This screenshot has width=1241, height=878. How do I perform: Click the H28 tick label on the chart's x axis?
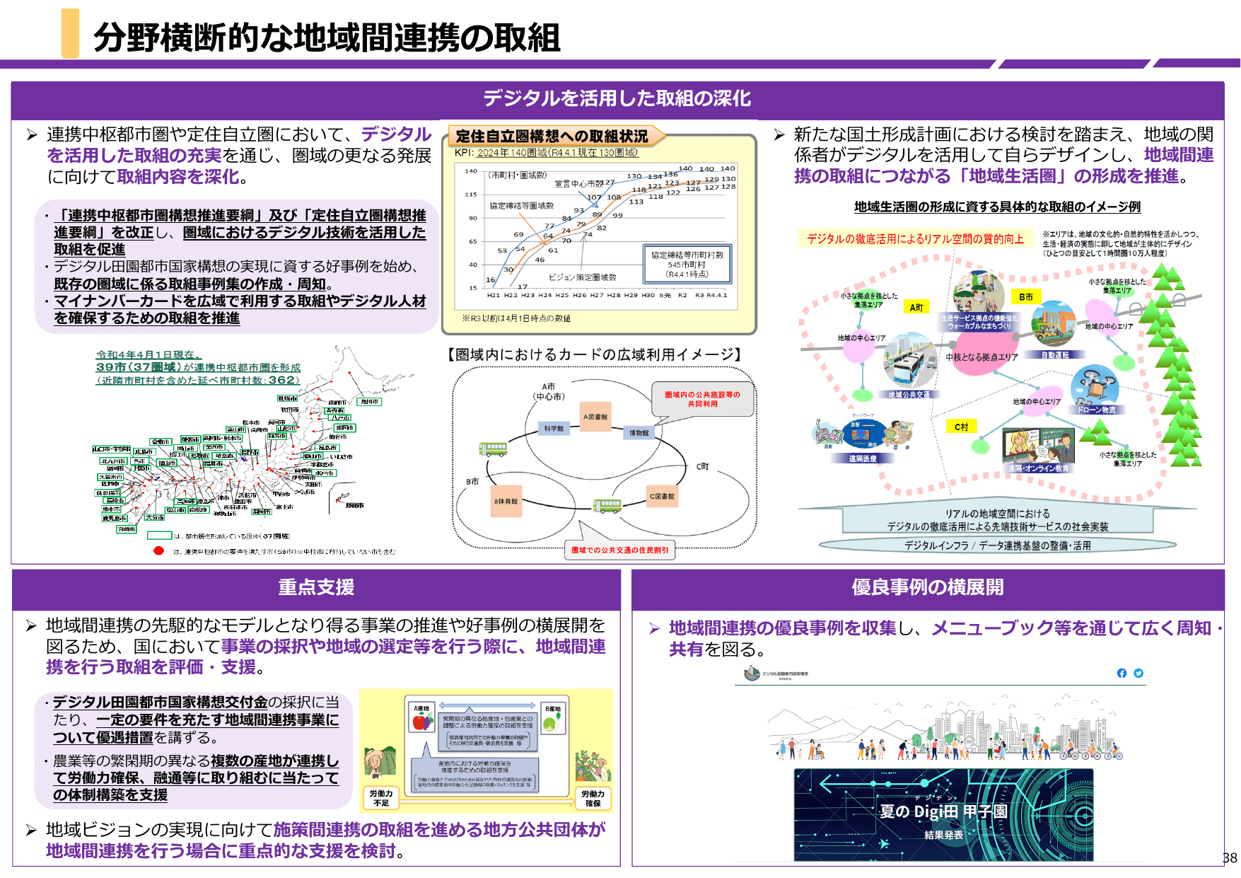click(x=614, y=295)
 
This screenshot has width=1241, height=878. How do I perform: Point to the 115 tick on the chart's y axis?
click(x=471, y=195)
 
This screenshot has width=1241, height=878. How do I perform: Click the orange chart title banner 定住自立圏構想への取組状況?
click(x=552, y=136)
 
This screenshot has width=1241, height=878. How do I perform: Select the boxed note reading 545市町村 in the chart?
click(x=687, y=265)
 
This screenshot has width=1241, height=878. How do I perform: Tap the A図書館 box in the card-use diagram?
click(x=595, y=417)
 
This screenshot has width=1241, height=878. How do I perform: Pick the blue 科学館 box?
click(x=554, y=429)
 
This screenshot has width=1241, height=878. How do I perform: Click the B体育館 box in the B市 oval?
click(x=506, y=501)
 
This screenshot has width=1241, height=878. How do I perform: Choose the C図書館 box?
click(x=662, y=496)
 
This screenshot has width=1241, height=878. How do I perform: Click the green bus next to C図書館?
click(x=607, y=506)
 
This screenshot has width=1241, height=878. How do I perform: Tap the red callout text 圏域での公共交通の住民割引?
click(x=619, y=550)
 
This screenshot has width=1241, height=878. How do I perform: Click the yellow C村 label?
click(x=961, y=427)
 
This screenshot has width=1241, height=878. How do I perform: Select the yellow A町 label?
click(x=916, y=307)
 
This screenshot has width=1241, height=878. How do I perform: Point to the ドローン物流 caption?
click(x=1097, y=410)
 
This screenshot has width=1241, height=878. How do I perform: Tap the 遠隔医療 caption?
click(x=863, y=458)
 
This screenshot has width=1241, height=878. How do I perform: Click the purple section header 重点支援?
click(x=316, y=587)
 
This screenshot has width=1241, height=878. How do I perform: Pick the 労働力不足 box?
click(x=381, y=798)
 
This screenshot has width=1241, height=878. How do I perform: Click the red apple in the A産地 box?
click(x=422, y=722)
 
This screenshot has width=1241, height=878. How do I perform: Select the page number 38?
click(x=1230, y=857)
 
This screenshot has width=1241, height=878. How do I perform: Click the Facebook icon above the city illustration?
click(x=1121, y=673)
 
